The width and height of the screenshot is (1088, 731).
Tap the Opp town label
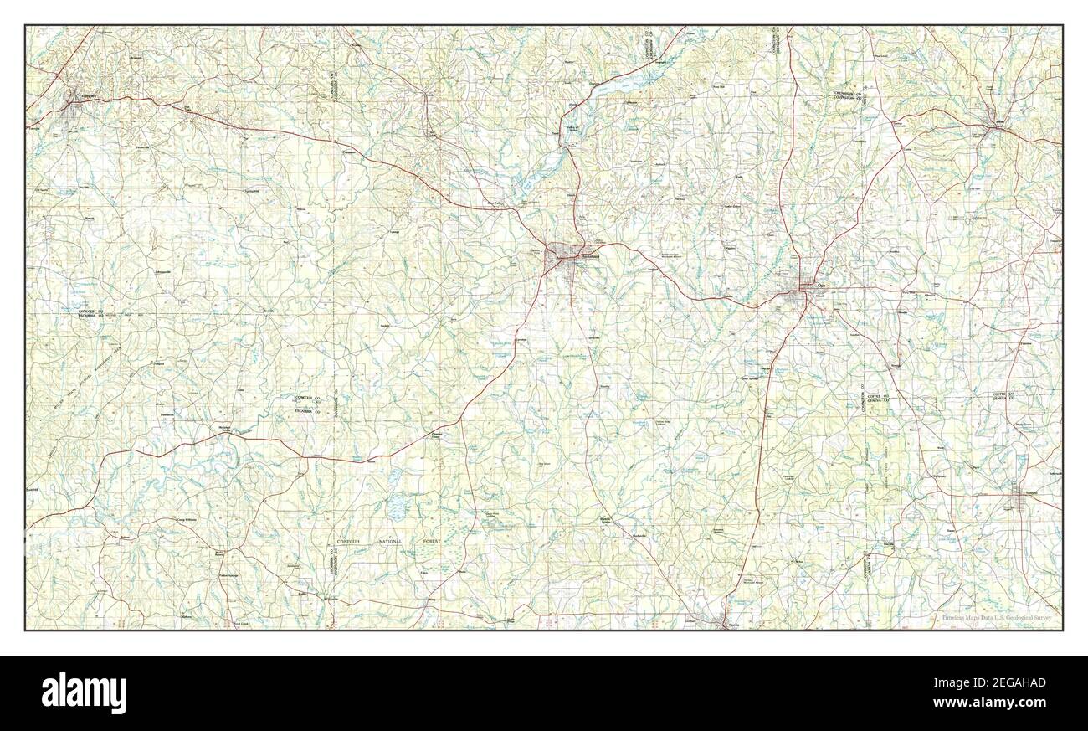click(x=808, y=285)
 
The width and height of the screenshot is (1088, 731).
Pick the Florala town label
click(x=734, y=624)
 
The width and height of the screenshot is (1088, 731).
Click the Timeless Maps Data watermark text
click(x=997, y=619)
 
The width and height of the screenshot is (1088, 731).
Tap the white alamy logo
click(x=83, y=692)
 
